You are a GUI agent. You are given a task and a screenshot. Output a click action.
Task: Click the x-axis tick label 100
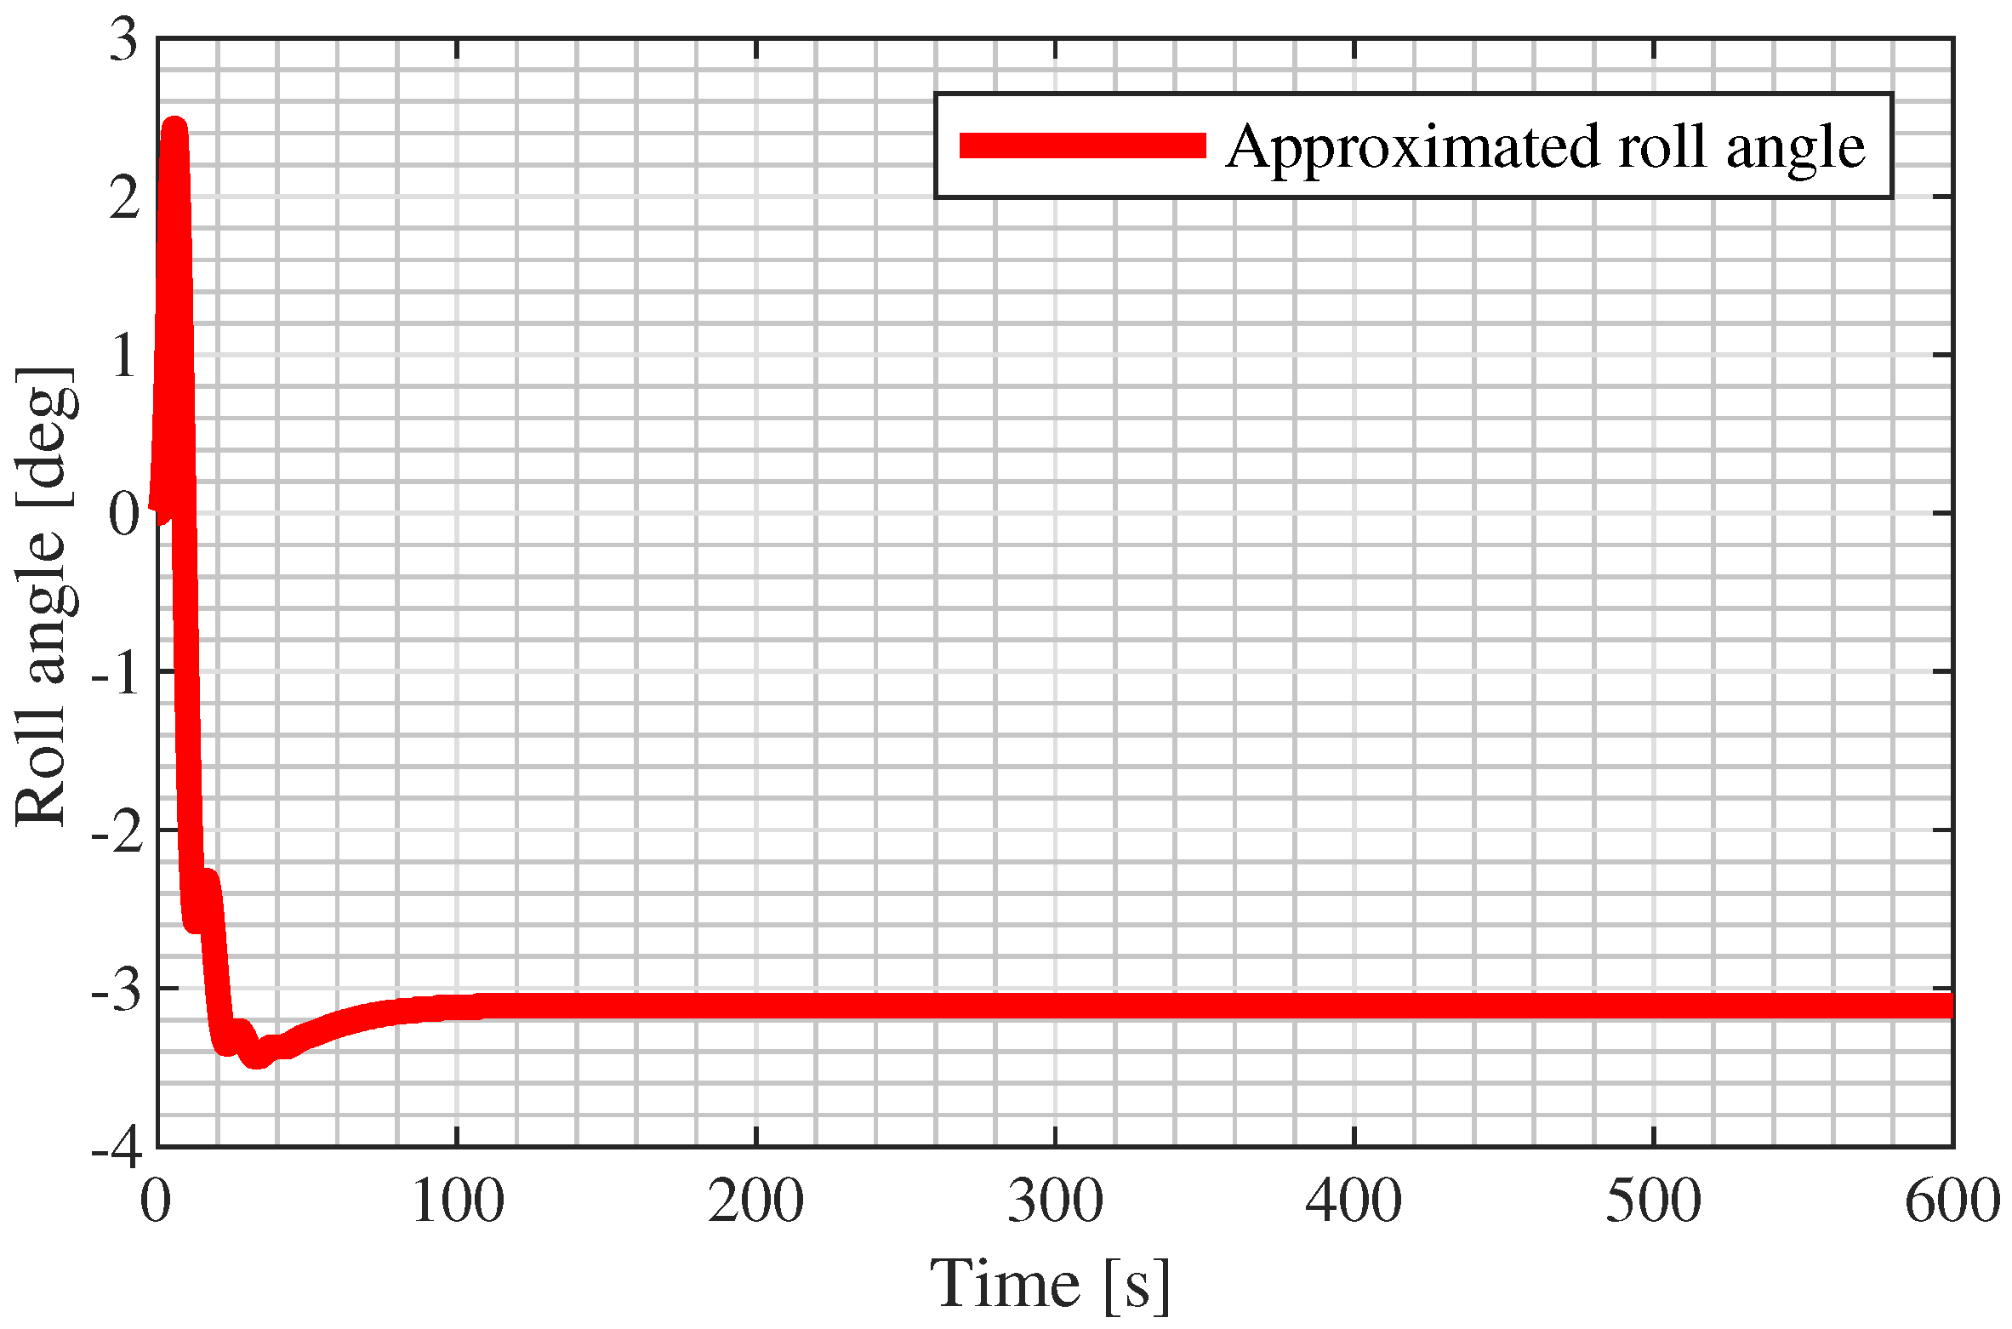457,1202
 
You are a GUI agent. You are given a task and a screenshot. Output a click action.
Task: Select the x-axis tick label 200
755,1202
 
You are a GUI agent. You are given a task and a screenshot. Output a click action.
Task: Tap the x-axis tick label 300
1055,1202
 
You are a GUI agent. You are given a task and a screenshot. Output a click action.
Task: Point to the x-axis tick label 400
1354,1202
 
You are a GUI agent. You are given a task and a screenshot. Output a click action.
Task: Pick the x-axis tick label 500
1653,1202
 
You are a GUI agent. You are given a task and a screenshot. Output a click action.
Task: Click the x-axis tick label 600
1952,1202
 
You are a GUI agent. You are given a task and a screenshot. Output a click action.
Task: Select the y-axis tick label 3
124,40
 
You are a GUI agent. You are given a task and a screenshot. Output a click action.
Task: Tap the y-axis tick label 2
124,198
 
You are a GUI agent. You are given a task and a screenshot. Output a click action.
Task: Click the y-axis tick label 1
124,356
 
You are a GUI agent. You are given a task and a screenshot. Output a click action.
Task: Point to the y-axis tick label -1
116,673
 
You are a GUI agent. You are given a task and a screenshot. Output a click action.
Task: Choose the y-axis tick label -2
116,831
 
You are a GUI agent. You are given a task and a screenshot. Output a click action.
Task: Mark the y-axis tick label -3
116,990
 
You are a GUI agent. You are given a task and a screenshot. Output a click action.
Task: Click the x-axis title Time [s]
1050,1283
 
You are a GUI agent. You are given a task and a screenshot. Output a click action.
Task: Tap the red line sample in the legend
1082,145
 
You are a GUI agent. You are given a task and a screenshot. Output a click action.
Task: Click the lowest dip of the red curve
256,1057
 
